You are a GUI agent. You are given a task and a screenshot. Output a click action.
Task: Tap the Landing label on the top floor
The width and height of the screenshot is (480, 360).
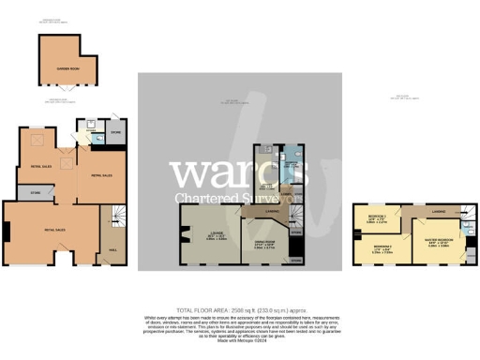click(x=436, y=212)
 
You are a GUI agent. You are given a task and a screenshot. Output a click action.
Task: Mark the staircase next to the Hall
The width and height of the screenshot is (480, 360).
click(x=113, y=218)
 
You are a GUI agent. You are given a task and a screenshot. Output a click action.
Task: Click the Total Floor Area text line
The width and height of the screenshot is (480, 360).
click(x=240, y=310)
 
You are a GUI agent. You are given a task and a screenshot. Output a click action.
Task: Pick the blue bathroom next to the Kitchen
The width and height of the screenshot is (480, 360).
click(x=292, y=167)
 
